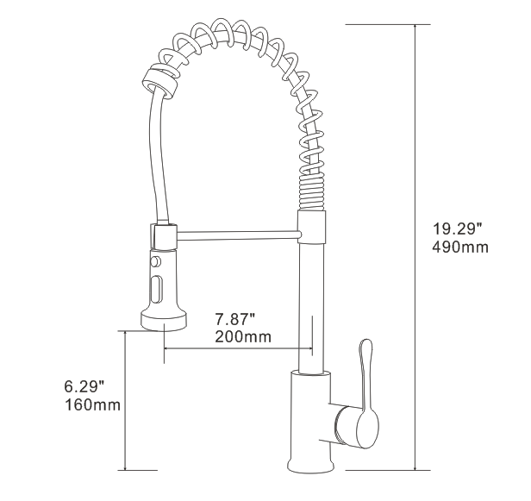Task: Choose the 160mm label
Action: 91,404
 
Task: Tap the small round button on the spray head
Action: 156,261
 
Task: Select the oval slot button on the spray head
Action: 157,288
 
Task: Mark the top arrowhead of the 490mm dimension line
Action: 418,28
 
